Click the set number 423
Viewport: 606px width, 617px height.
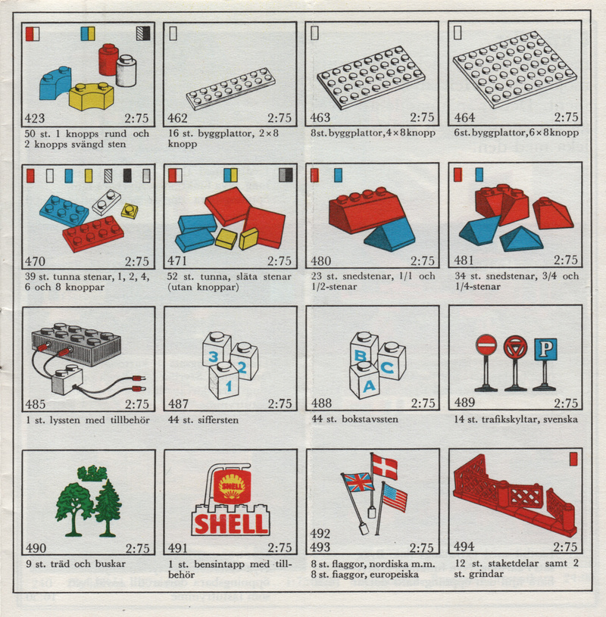35,118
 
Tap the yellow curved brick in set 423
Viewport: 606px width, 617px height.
92,96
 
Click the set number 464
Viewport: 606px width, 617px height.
464,117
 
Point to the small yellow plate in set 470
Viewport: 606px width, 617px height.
130,210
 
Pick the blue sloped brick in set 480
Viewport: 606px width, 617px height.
389,235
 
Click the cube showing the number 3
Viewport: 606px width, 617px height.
216,350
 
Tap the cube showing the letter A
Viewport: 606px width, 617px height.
364,380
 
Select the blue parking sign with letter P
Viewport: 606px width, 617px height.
545,349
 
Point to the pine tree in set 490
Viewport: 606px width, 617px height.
108,508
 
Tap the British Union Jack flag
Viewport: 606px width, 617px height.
358,482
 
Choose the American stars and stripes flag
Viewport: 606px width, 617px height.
395,497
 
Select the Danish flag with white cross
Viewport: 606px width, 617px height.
385,466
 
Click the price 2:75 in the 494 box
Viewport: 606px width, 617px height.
565,547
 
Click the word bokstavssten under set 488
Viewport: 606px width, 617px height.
370,419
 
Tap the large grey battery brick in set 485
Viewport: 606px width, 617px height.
77,344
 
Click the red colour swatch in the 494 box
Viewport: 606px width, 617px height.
573,460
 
